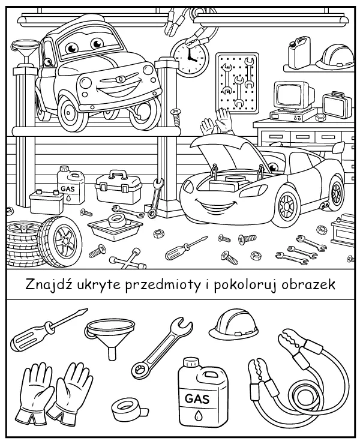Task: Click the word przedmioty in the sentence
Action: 158,284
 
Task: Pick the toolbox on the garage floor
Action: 119,187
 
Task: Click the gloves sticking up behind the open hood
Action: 216,123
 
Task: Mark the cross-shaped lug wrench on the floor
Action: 128,260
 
